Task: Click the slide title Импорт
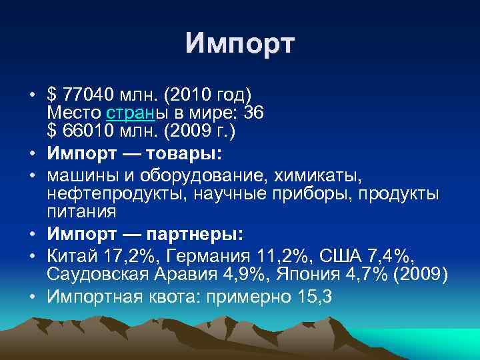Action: point(239,45)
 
